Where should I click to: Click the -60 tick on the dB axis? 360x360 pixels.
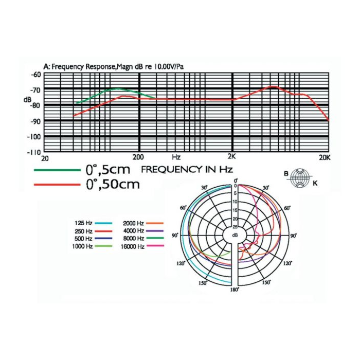pyautogui.click(x=35, y=75)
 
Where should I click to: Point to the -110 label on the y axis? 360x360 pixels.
pyautogui.click(x=34, y=152)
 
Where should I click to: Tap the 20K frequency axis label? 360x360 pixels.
pyautogui.click(x=325, y=157)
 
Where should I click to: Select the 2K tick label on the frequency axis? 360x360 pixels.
pyautogui.click(x=231, y=156)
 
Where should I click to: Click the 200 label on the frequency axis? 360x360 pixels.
pyautogui.click(x=138, y=157)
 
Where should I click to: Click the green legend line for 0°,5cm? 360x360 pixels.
pyautogui.click(x=57, y=170)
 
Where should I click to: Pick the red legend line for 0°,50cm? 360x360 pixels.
pyautogui.click(x=57, y=184)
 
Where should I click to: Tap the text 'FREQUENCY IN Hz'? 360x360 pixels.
pyautogui.click(x=187, y=169)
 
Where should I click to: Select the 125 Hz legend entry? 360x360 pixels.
pyautogui.click(x=93, y=223)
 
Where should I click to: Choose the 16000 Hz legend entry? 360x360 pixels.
pyautogui.click(x=142, y=246)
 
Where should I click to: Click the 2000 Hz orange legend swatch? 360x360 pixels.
pyautogui.click(x=155, y=223)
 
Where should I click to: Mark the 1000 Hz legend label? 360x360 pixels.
pyautogui.click(x=82, y=246)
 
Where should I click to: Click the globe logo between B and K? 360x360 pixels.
pyautogui.click(x=300, y=178)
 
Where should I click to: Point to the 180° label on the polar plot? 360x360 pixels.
pyautogui.click(x=235, y=290)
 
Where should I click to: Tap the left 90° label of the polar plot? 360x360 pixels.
pyautogui.click(x=175, y=236)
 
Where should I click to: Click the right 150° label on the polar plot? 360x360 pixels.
pyautogui.click(x=266, y=282)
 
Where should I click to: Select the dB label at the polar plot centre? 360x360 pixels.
pyautogui.click(x=235, y=236)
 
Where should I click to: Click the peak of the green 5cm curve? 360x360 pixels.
pyautogui.click(x=118, y=88)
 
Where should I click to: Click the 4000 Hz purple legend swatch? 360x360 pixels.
pyautogui.click(x=155, y=231)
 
